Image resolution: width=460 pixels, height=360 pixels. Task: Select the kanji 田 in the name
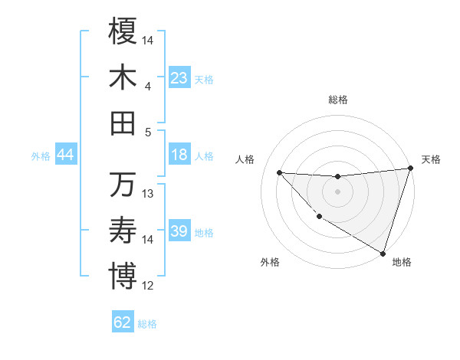123,123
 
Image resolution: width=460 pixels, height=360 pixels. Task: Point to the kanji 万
123,185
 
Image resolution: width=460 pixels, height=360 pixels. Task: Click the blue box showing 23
179,78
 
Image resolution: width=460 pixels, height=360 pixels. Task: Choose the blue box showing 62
123,322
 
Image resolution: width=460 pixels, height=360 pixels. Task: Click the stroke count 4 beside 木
148,87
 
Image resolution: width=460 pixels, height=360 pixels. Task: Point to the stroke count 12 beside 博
148,286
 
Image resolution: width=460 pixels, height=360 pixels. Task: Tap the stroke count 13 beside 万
148,194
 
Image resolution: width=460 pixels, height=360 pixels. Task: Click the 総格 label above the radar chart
338,100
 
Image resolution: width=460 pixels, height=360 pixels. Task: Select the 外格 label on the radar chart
270,262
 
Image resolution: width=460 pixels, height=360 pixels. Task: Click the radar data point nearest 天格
410,169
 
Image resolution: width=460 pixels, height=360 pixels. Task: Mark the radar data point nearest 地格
383,253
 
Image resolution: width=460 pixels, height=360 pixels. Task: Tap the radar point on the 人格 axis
279,172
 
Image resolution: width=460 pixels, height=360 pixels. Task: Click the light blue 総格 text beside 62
147,324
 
